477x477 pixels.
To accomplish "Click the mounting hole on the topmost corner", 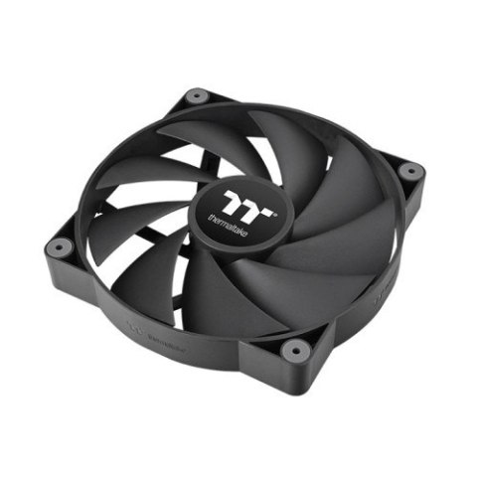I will [197, 96].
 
